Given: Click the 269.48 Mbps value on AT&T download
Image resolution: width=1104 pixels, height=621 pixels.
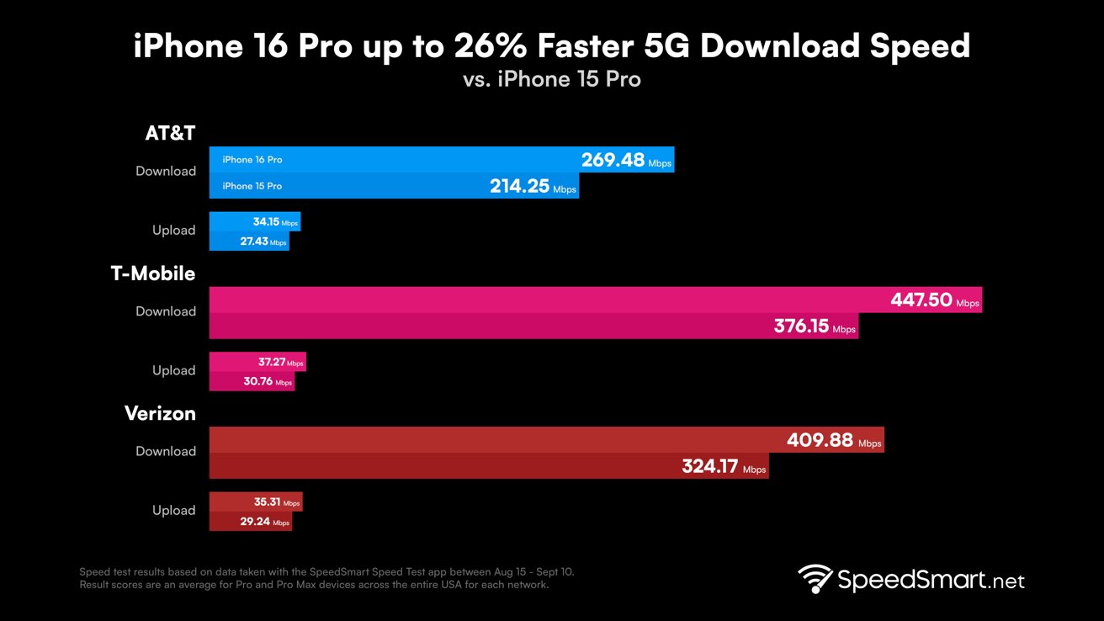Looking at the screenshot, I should (x=625, y=160).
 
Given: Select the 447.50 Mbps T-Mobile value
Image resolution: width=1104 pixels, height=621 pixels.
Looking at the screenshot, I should (x=934, y=300).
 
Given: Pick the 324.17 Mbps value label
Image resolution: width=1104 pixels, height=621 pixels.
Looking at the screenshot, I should (x=723, y=466).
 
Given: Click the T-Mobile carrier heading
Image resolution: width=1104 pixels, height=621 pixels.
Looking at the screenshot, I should (x=153, y=273).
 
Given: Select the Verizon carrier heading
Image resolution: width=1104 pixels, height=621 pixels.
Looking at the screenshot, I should (x=160, y=413).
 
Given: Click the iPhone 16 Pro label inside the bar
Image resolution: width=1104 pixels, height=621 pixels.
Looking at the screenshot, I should (x=252, y=160).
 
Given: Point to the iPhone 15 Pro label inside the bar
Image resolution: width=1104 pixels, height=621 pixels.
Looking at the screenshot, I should (x=252, y=186).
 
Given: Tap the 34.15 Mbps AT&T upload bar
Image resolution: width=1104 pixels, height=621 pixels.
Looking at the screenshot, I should (x=254, y=222).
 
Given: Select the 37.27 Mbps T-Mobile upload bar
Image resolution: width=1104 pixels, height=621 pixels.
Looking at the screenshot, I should (x=257, y=362).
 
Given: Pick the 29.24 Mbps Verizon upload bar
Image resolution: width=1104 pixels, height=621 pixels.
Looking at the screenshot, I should (x=250, y=522).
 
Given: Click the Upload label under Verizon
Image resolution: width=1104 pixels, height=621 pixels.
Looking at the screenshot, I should (x=173, y=510).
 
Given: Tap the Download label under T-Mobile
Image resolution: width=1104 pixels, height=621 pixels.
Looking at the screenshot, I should (x=166, y=311).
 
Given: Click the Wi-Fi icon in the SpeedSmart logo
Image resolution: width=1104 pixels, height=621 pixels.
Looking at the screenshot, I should (x=815, y=580).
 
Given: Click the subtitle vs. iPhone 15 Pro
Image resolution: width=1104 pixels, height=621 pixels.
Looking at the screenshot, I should (x=551, y=79).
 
